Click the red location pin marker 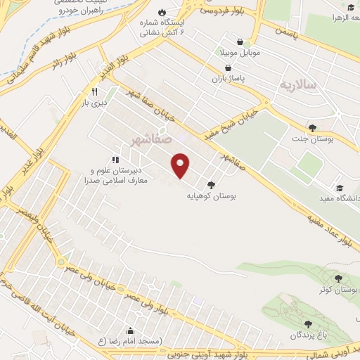click(181, 165)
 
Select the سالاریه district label click(297, 84)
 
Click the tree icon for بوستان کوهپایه click(211, 184)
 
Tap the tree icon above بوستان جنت click(312, 127)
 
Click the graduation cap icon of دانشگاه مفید click(340, 188)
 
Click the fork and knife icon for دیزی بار click(94, 91)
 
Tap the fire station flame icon click(163, 13)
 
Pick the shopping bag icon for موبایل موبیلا click(241, 41)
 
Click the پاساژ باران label click(229, 79)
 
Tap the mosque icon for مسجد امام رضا click(130, 330)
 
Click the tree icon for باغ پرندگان click(307, 323)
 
